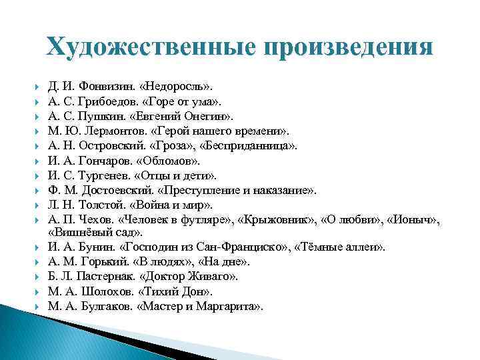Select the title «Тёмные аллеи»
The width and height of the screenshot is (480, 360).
coord(345,247)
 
